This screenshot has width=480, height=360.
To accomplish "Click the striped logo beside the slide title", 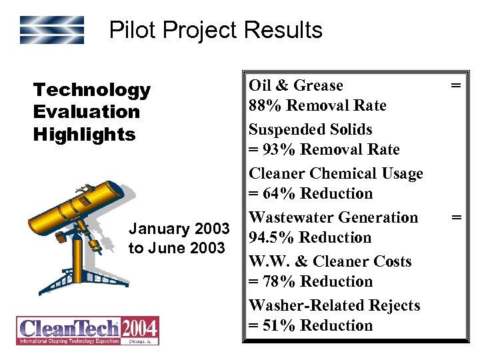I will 51,30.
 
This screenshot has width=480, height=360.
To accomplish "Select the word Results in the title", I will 284,30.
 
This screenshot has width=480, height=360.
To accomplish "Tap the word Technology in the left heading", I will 92,89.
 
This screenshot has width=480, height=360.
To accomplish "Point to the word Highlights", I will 84,134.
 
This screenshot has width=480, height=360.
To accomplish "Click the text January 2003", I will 179,229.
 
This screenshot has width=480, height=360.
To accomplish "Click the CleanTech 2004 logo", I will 87,331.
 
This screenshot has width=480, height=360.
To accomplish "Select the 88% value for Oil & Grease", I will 262,105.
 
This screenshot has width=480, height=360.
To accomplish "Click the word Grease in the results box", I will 318,85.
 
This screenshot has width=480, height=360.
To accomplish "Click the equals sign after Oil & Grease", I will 456,85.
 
